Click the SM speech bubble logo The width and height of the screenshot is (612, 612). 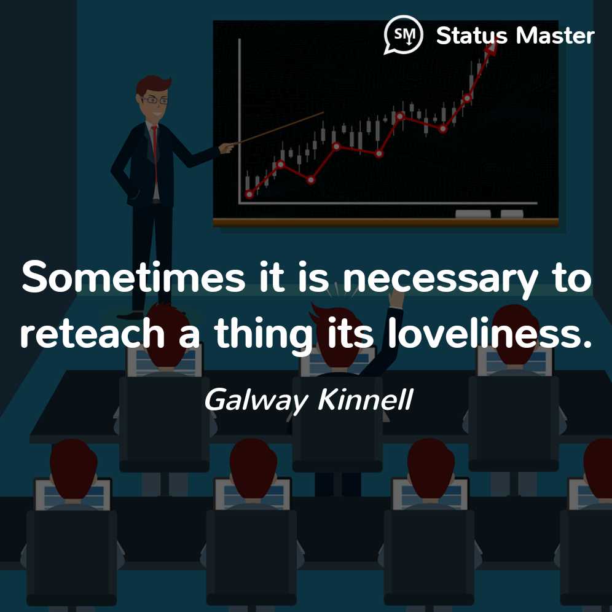403,34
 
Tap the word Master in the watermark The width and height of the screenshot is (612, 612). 555,36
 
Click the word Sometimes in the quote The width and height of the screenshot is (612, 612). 133,278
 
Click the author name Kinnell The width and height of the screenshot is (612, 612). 366,399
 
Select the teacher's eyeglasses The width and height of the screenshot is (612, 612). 155,100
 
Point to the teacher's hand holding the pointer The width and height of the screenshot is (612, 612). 226,147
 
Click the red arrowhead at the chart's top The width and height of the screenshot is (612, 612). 490,48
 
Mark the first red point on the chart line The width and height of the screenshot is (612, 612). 249,194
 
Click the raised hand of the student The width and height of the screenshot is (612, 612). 396,299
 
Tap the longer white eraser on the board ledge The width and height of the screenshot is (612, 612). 473,214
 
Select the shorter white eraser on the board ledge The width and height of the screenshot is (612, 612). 512,214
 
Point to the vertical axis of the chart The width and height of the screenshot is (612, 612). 239,120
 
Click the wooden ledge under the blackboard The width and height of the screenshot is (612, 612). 386,222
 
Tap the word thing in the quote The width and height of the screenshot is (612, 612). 262,334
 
